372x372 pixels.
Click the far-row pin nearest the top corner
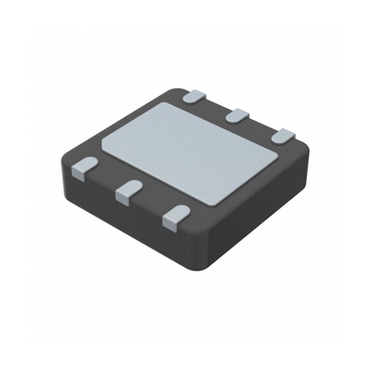193,94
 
